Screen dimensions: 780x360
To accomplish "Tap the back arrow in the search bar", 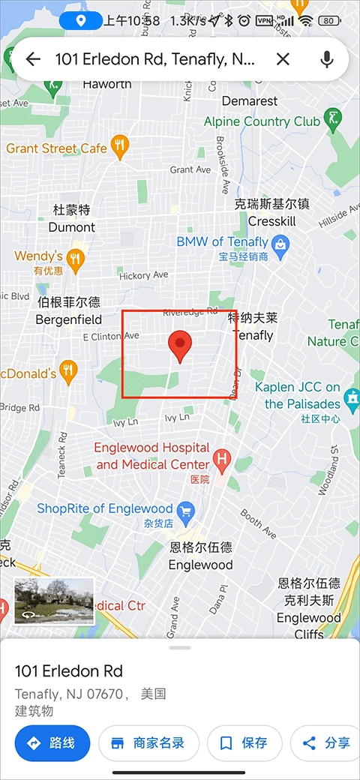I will coord(33,59).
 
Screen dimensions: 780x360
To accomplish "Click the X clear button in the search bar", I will coord(283,59).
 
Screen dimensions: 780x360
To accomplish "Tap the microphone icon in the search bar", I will coord(326,59).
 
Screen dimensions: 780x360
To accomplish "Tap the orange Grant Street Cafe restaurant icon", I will coord(119,147).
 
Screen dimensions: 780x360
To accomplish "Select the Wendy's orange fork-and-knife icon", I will coord(74,260).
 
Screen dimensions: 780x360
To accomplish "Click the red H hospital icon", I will coord(221,457).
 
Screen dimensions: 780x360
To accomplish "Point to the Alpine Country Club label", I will coord(262,121).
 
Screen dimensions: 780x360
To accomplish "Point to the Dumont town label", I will coord(72,226).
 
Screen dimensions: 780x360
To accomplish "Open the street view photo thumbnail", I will coord(54,600).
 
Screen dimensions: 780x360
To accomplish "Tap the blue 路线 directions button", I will coord(52,743).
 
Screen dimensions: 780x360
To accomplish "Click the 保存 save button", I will coord(244,743).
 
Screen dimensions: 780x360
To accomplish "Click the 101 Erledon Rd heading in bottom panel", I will coord(69,671).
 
